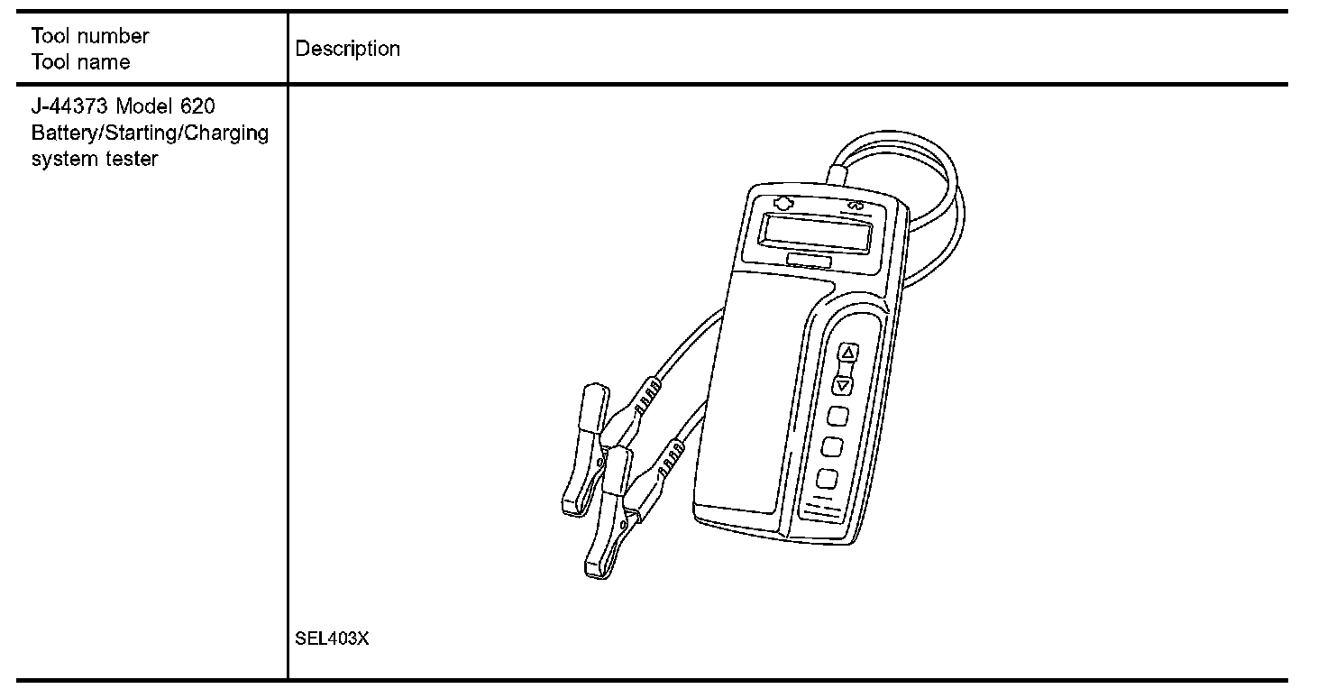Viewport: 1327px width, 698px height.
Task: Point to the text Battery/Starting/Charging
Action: tap(150, 133)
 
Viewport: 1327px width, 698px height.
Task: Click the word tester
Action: tap(134, 160)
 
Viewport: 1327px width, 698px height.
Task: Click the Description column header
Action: tap(348, 49)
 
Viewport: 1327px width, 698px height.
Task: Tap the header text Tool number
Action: tap(90, 37)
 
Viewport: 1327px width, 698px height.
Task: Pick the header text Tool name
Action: tap(81, 62)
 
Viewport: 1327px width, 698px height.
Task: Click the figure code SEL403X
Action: tap(332, 638)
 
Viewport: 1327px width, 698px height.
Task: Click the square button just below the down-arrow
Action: tap(837, 416)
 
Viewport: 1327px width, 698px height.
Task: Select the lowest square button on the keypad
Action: tap(827, 479)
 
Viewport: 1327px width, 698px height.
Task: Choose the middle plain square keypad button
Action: tap(832, 447)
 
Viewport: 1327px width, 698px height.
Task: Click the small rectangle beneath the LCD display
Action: tap(809, 261)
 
